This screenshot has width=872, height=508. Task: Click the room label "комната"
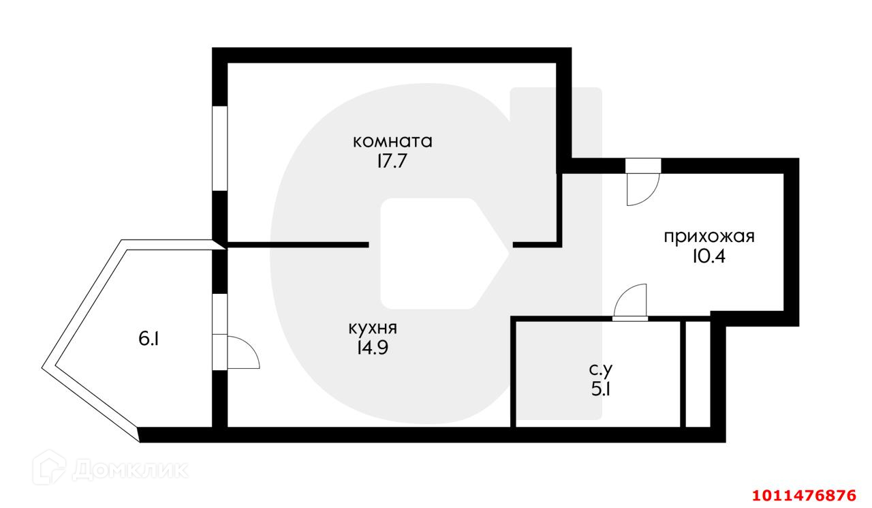pos(393,142)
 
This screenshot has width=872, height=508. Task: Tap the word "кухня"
pos(373,328)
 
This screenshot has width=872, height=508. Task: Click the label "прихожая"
pos(709,237)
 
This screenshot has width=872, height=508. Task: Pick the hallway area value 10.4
pos(709,257)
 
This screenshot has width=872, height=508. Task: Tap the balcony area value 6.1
pos(149,339)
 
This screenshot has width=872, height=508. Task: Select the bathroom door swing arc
pos(630,302)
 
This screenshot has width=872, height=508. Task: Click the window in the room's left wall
pos(219,148)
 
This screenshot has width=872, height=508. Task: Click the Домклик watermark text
pos(129,469)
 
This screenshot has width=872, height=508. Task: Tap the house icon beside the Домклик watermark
pos(54,468)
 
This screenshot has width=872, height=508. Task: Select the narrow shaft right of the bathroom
pos(696,373)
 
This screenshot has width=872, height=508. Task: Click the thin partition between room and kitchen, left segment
pos(297,244)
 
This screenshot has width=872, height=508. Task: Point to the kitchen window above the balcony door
pos(219,314)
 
